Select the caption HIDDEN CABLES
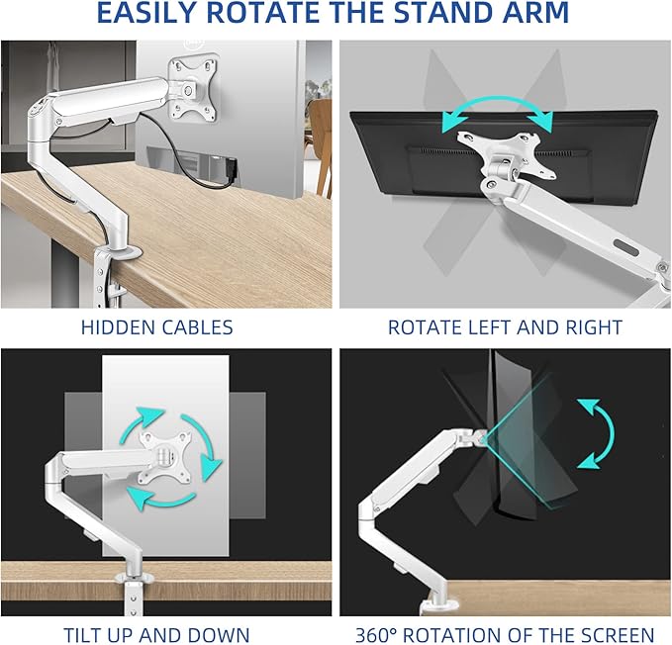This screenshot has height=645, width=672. (157, 326)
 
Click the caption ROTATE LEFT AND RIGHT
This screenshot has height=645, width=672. (505, 326)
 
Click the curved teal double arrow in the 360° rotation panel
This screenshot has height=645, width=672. (596, 432)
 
